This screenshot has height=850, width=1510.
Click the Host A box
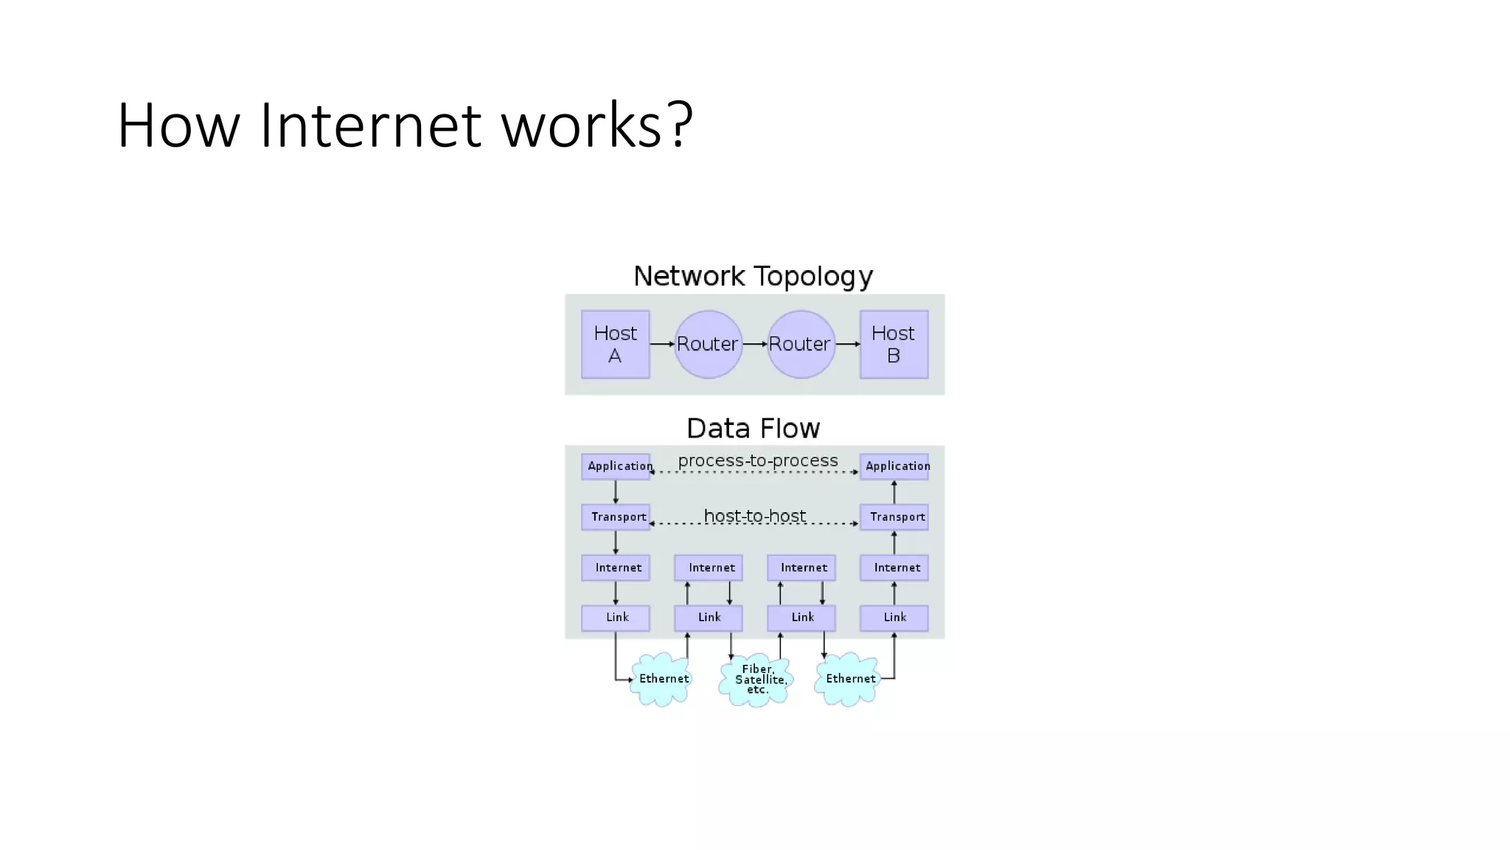(x=615, y=345)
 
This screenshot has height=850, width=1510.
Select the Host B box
(x=894, y=345)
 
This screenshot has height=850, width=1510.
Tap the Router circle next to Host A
(x=708, y=345)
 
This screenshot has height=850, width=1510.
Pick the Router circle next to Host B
(x=801, y=345)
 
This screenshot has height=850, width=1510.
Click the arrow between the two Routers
(x=754, y=344)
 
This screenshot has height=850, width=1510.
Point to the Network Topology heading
(x=753, y=277)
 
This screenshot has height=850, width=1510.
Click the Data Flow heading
(x=753, y=429)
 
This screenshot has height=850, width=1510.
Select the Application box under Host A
(x=616, y=466)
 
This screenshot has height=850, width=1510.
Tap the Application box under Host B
(x=894, y=466)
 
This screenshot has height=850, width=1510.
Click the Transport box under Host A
(x=616, y=517)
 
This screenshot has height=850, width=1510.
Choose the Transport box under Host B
(x=894, y=517)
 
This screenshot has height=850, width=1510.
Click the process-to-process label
(x=757, y=461)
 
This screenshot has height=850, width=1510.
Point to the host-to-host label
(x=754, y=516)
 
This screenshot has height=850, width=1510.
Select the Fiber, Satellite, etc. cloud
(x=756, y=680)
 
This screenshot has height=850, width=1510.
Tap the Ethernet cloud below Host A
(x=662, y=679)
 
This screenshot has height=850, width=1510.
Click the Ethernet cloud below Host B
(x=849, y=679)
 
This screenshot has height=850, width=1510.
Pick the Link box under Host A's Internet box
(x=616, y=618)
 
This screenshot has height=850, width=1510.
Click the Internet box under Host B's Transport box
(x=894, y=568)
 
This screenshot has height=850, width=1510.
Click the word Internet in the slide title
(x=370, y=125)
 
